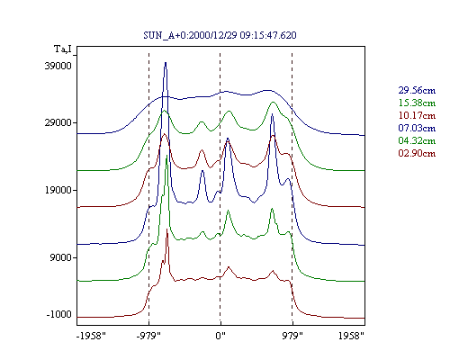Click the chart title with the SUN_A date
click(220, 35)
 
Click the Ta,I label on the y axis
click(63, 49)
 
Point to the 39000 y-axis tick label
click(58, 66)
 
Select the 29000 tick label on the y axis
click(58, 122)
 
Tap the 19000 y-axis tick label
click(58, 190)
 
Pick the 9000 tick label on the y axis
click(61, 257)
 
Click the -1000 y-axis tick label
click(59, 314)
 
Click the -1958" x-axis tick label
click(91, 336)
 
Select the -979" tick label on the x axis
click(148, 336)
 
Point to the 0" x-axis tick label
click(220, 336)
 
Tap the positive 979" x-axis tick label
click(292, 336)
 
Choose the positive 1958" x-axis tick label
click(351, 336)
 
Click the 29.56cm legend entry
click(417, 90)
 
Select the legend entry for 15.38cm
click(417, 103)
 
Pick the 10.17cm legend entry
click(417, 115)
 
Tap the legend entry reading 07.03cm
click(417, 128)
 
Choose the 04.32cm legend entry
click(417, 140)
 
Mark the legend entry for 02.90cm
click(417, 153)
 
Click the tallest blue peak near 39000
click(166, 63)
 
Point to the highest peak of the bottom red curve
click(167, 229)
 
